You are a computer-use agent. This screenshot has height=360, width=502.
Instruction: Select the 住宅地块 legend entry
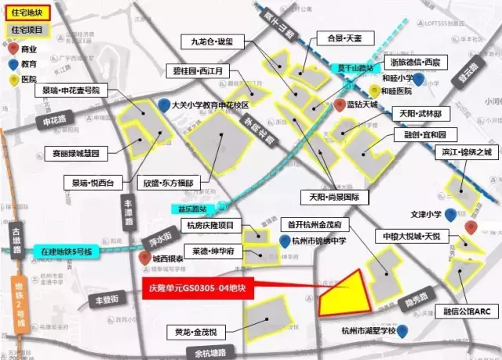click(28, 13)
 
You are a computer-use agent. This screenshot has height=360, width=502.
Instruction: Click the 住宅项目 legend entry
click(28, 31)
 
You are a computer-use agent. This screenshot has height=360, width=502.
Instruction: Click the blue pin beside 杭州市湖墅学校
click(403, 333)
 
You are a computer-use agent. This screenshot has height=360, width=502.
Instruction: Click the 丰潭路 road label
click(129, 212)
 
